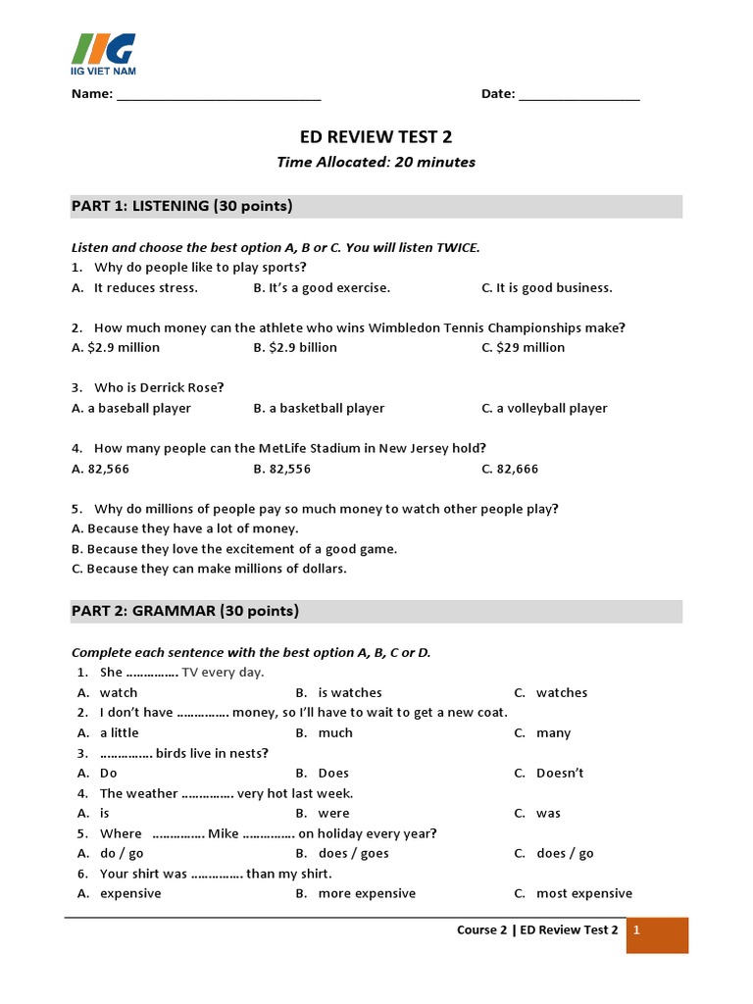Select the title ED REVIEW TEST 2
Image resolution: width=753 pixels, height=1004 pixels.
(x=376, y=137)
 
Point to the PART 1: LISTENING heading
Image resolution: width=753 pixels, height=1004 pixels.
(x=182, y=206)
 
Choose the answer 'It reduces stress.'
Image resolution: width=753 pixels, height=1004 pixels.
(x=145, y=287)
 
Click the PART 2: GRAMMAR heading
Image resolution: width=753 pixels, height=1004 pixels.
(x=185, y=611)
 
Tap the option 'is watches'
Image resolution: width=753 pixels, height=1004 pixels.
(x=349, y=692)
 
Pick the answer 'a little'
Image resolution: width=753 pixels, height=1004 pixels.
(x=120, y=732)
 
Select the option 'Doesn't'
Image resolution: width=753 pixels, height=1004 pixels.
(x=560, y=773)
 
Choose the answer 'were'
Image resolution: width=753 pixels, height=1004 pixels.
(x=333, y=813)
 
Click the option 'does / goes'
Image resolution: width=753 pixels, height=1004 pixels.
(x=353, y=853)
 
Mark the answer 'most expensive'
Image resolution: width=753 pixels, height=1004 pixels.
(x=583, y=893)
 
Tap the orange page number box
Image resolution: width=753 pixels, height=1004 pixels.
(x=657, y=934)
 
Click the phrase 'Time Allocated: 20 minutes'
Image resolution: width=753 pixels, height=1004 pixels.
(x=376, y=163)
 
